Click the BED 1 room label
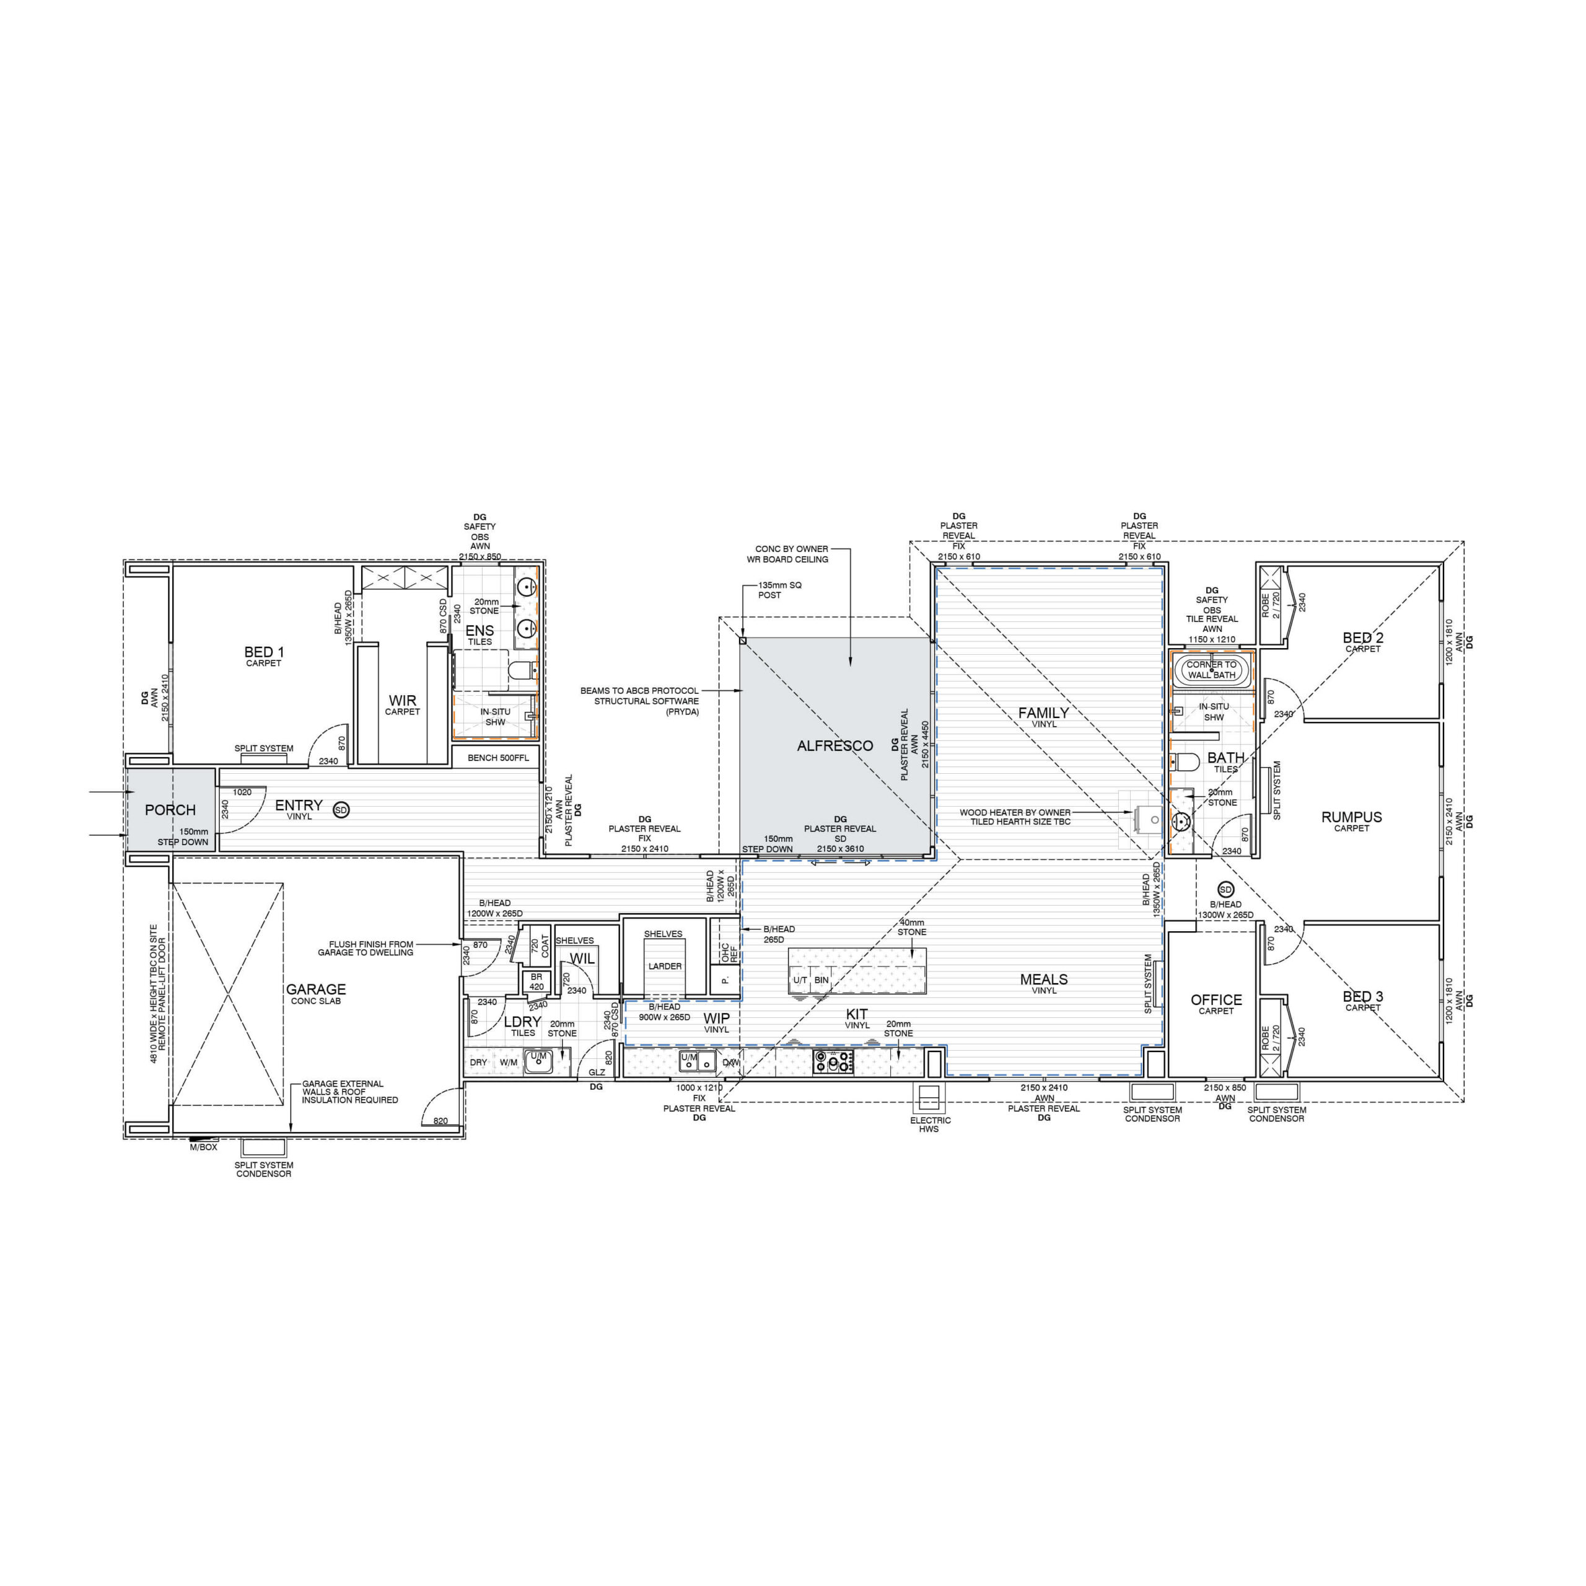click(x=263, y=652)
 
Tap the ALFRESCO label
click(x=835, y=746)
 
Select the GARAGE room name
click(x=316, y=989)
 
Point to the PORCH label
click(x=170, y=810)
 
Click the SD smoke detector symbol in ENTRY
click(x=341, y=810)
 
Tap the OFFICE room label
click(x=1216, y=1000)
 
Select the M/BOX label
click(x=204, y=1147)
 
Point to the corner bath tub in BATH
click(x=1212, y=670)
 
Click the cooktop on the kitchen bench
click(x=833, y=1061)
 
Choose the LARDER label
click(x=665, y=966)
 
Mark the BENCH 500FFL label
click(x=498, y=758)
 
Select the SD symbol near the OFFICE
click(x=1225, y=890)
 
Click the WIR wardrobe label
click(x=402, y=700)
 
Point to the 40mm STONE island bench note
click(x=911, y=927)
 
